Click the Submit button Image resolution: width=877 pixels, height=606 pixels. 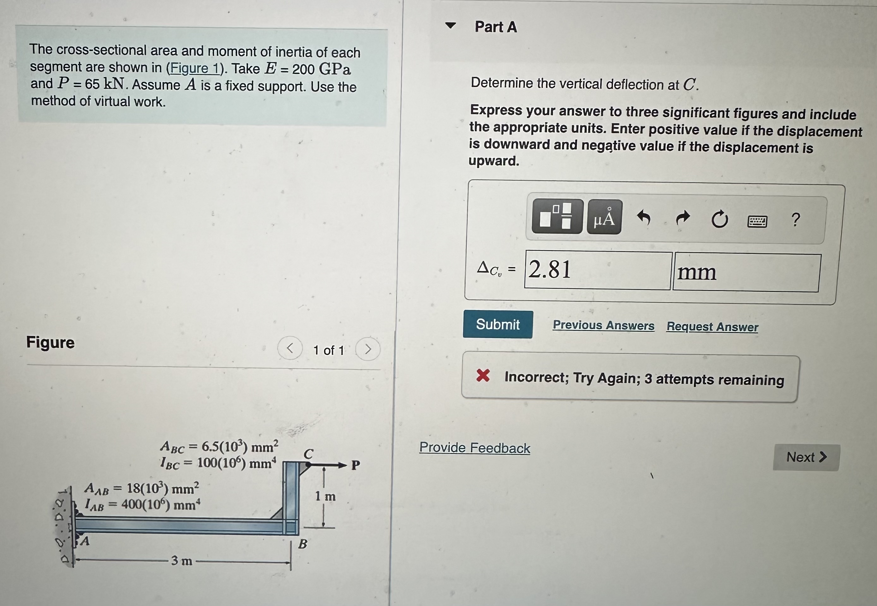coord(498,324)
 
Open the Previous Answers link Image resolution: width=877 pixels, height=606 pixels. coord(603,325)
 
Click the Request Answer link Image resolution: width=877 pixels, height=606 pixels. coord(712,327)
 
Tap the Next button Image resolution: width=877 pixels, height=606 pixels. coord(806,457)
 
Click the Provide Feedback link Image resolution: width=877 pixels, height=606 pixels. coord(474,448)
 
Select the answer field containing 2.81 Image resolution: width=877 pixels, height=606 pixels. coord(598,270)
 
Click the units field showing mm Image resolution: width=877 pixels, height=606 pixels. coord(746,272)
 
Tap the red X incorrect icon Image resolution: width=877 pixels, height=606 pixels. coord(483,375)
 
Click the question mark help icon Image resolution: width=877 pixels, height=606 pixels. coord(796,220)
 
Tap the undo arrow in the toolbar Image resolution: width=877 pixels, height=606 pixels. coord(644,218)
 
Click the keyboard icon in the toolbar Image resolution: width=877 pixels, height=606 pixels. coord(757,221)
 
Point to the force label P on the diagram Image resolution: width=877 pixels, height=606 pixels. coord(355,465)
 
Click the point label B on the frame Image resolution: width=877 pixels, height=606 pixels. coord(302,544)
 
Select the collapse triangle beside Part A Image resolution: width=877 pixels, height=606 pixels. coord(450,26)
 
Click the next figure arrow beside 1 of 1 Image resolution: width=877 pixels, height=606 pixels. coord(367,349)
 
